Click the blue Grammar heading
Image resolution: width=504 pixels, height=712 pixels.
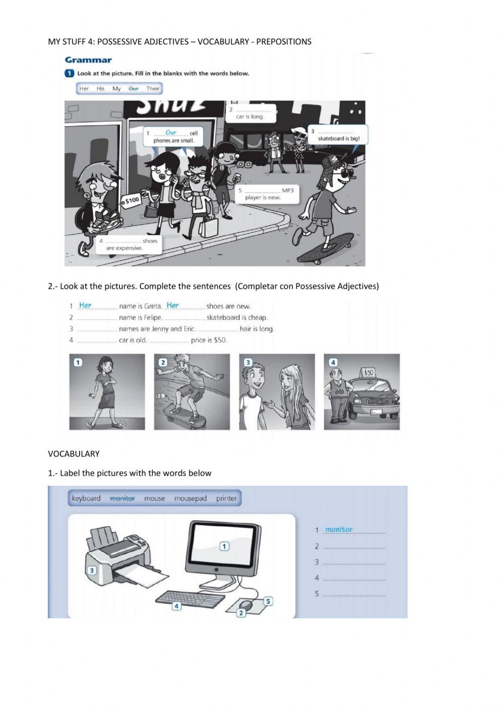[88, 60]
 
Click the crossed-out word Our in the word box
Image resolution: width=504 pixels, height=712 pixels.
[133, 89]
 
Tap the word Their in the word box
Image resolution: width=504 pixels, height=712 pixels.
[153, 89]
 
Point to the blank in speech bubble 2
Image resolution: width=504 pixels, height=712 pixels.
[253, 109]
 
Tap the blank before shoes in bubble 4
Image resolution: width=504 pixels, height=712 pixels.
[123, 241]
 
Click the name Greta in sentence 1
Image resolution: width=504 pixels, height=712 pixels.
[153, 306]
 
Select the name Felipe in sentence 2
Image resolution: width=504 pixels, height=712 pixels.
[153, 317]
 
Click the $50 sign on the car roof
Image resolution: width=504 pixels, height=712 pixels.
[368, 372]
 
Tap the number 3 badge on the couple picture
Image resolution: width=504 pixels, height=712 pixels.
[247, 362]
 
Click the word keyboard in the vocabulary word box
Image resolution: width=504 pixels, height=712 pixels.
[86, 498]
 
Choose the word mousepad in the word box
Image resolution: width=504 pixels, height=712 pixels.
[190, 498]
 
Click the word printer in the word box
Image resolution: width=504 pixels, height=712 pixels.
[226, 498]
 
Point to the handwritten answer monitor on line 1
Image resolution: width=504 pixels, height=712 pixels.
[339, 530]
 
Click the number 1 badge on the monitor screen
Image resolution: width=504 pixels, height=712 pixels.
[224, 546]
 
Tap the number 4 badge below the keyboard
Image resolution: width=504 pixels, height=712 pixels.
[176, 606]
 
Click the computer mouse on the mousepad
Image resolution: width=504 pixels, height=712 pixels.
[245, 604]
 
